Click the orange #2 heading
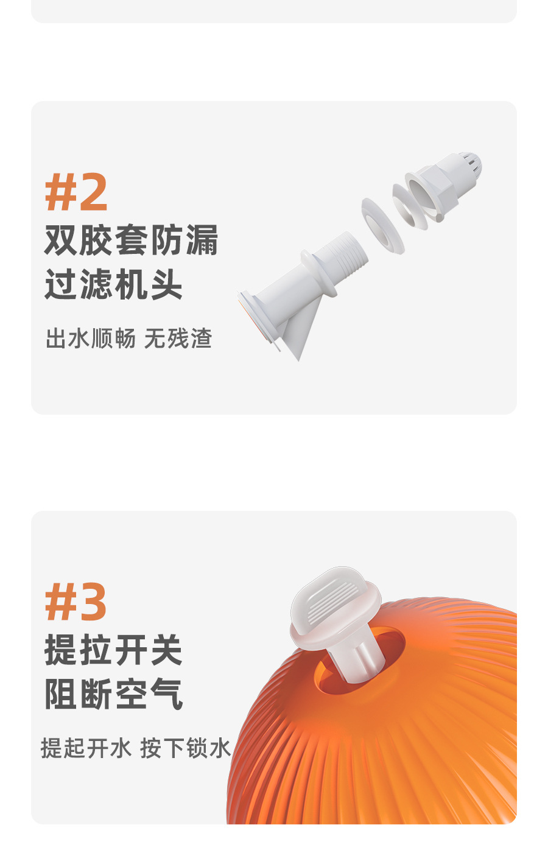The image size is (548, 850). [76, 192]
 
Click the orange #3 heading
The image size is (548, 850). [76, 602]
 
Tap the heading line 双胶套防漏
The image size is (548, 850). [131, 241]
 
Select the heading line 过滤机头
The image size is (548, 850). [113, 284]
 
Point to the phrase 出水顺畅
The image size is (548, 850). [91, 339]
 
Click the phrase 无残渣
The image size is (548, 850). [178, 339]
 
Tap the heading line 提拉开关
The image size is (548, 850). [113, 650]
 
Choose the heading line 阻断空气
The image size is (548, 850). [113, 694]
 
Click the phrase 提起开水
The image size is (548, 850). [86, 748]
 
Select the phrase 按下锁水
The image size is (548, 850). [186, 748]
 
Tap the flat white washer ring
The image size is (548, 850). [382, 225]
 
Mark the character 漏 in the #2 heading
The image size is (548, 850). [202, 241]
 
